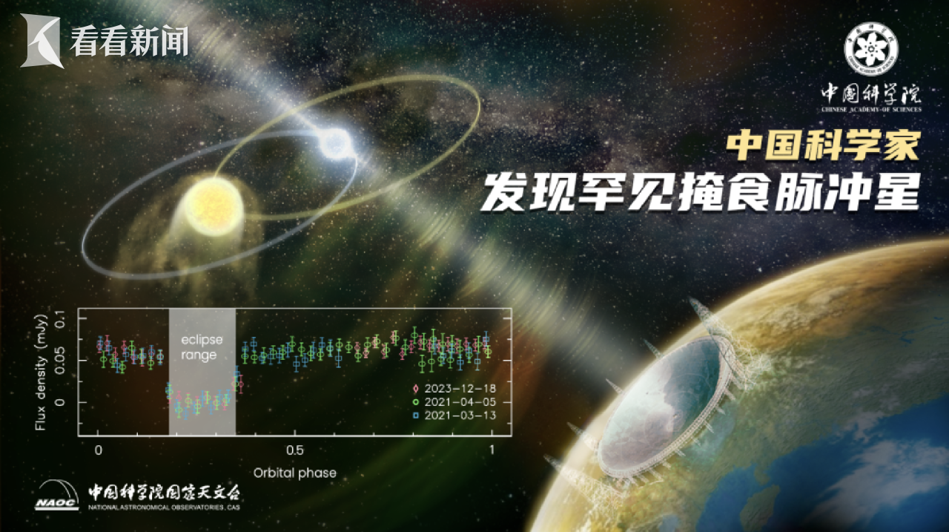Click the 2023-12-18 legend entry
[x=454, y=388]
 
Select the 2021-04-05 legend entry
[x=454, y=402]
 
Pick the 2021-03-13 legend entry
[x=454, y=416]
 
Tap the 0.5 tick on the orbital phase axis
[x=295, y=450]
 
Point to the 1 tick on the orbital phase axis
[x=492, y=450]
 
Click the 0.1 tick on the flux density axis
[x=61, y=319]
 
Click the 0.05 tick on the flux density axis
[x=61, y=361]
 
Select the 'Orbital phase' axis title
[x=295, y=473]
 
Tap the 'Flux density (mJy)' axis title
[x=41, y=372]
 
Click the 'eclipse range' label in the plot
[x=202, y=347]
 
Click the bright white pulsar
[x=335, y=143]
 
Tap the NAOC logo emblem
[x=57, y=495]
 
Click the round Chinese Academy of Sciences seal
[x=871, y=49]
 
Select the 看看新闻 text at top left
[x=129, y=41]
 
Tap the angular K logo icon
[x=40, y=41]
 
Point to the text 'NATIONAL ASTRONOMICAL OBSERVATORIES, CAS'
[x=164, y=508]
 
